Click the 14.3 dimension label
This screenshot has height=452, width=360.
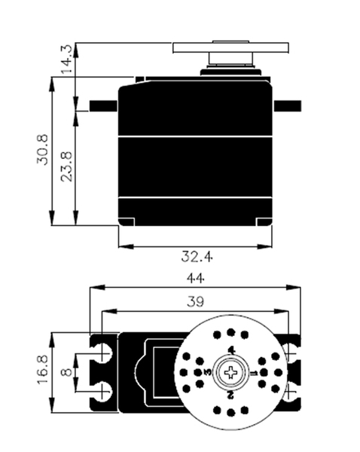coord(66,59)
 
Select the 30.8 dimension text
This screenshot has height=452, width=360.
coord(42,150)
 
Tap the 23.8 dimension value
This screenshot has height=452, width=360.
coord(66,166)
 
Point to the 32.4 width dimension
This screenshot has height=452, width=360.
coord(197,257)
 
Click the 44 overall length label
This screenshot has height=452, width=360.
coord(196,279)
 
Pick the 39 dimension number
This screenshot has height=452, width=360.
coord(195,302)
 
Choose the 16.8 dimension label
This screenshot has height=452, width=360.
coord(43,369)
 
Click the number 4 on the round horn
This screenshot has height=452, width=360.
coord(231,350)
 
